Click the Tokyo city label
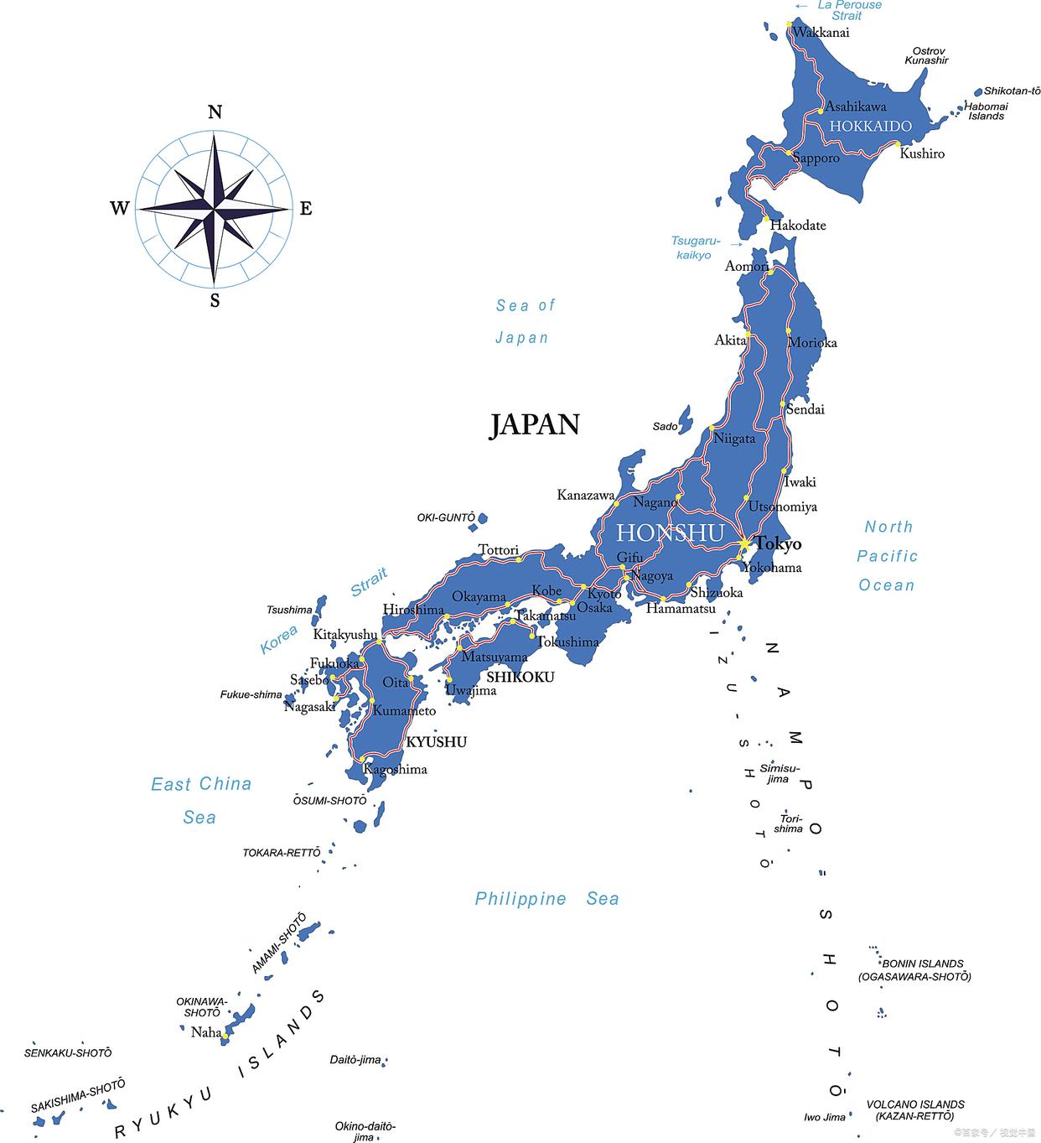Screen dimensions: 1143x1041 point(778,544)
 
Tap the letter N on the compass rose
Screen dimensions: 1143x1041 point(215,112)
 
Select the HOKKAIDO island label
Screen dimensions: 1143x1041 point(870,127)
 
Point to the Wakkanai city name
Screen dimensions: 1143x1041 point(821,33)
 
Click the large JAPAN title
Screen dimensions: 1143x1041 point(535,425)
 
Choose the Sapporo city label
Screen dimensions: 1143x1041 point(816,158)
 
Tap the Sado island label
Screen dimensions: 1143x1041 point(665,427)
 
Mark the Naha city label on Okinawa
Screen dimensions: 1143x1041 point(205,1032)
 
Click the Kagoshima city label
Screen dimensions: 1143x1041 point(395,770)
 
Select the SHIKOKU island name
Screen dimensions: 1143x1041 point(520,677)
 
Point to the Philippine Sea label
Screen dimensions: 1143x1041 point(546,899)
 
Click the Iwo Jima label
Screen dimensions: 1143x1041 point(824,1117)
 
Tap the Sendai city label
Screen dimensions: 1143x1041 point(805,410)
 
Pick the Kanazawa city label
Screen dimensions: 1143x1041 point(585,496)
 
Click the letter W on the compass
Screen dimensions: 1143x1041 point(119,208)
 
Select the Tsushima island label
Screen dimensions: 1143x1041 point(289,610)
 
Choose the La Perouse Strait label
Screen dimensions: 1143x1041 point(848,10)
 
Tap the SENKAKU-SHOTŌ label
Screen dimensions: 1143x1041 point(68,1052)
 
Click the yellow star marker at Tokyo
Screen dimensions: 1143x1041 point(743,544)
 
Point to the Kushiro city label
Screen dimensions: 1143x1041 point(922,154)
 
